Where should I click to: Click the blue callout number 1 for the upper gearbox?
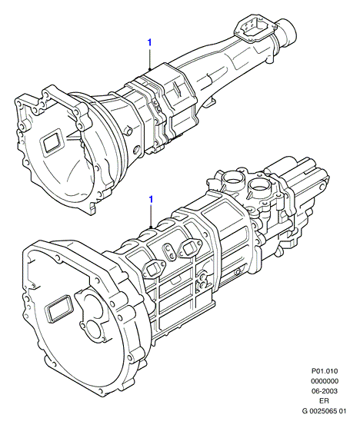(x=149, y=42)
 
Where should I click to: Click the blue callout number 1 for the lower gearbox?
(x=151, y=200)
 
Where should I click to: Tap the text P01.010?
(x=325, y=371)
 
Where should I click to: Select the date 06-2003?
(x=325, y=391)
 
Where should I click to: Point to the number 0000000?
(x=325, y=381)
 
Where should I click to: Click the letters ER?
(x=325, y=401)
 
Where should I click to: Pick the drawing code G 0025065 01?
(x=324, y=411)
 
